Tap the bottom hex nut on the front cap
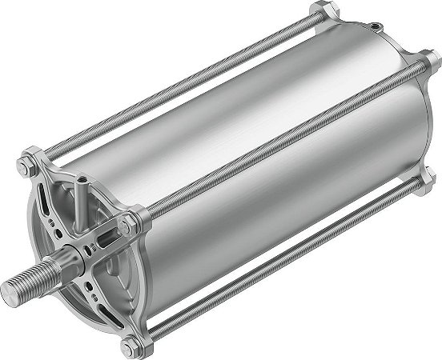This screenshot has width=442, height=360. click(129, 349)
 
